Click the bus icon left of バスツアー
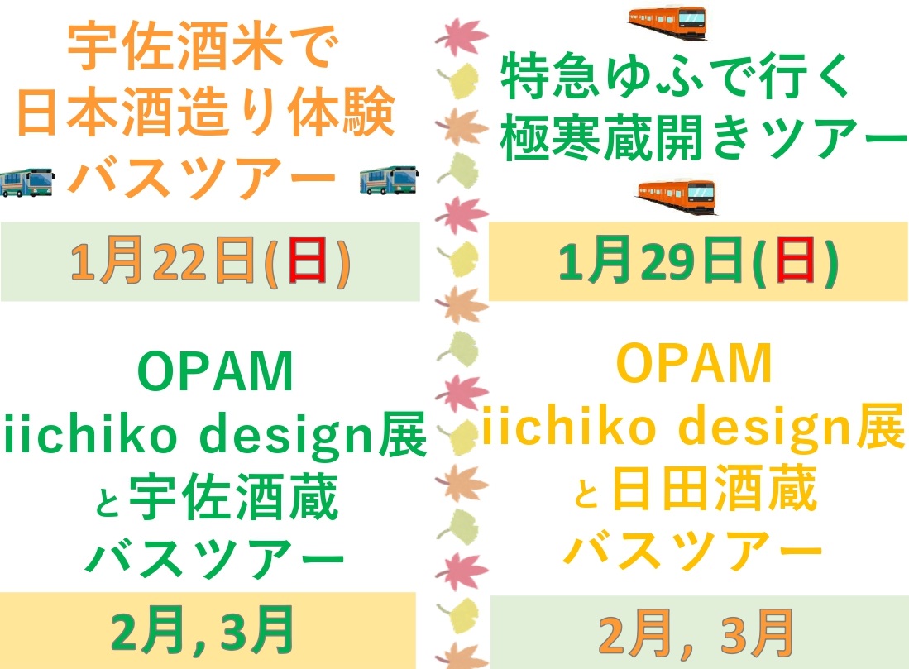[x=26, y=180]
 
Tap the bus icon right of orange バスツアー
[x=388, y=180]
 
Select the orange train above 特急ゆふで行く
[x=667, y=17]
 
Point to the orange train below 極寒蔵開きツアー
[x=676, y=194]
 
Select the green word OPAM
[x=216, y=375]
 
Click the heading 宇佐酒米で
[x=203, y=51]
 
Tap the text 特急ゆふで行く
[x=676, y=80]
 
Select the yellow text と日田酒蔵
[x=695, y=489]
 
